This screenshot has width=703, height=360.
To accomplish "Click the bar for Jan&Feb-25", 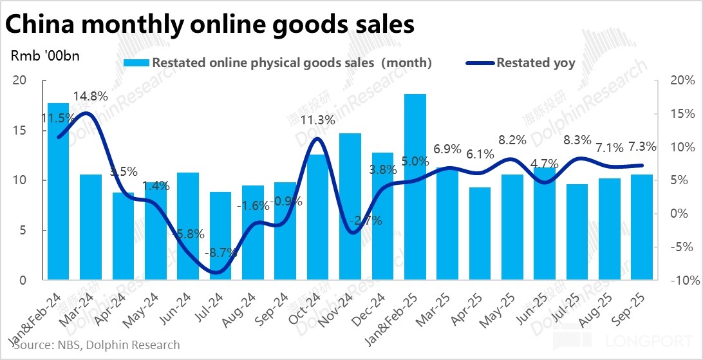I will click(415, 193).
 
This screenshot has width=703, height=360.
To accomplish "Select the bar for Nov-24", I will click(350, 213).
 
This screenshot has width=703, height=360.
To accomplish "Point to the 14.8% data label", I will click(90, 97).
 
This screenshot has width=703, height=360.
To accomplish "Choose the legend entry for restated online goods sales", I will click(283, 63).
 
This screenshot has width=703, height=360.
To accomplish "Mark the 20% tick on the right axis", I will click(681, 81).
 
